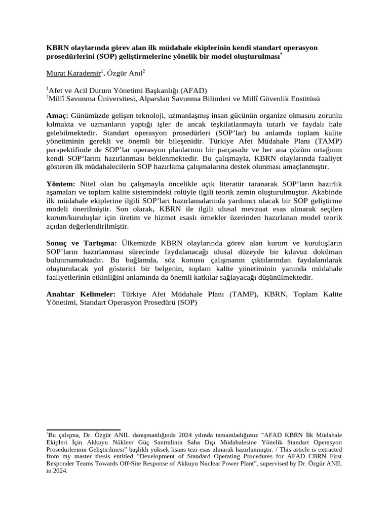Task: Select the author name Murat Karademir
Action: (x=73, y=73)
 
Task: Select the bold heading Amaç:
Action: (x=58, y=115)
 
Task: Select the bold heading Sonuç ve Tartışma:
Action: (x=82, y=244)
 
